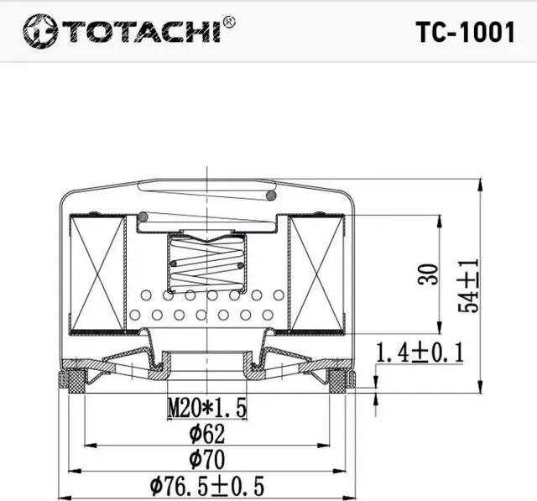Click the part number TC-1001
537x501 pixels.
[x=464, y=32]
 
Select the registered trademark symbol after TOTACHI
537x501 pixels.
[x=230, y=23]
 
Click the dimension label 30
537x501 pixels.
[x=429, y=274]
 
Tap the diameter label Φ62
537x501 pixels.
[x=206, y=434]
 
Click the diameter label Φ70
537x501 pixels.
[x=206, y=459]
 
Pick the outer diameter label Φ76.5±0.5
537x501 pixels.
[x=206, y=485]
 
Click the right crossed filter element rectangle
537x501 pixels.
[x=315, y=272]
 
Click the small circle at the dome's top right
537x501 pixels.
[x=270, y=196]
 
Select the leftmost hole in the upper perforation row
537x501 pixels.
[x=147, y=295]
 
